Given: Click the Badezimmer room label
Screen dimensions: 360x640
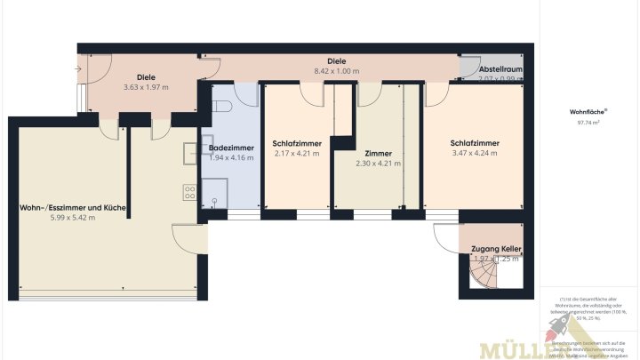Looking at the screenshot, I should [x=231, y=148].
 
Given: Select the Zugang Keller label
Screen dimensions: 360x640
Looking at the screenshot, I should [x=495, y=249].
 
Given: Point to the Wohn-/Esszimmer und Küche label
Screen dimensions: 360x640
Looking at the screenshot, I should [x=73, y=207].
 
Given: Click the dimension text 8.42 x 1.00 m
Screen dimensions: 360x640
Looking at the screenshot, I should [x=336, y=71].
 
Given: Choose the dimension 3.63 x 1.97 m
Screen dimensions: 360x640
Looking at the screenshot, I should [x=145, y=87].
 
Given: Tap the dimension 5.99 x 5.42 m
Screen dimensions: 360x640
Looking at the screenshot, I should [x=73, y=218].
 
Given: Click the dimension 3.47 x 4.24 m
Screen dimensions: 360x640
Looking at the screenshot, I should [x=474, y=153].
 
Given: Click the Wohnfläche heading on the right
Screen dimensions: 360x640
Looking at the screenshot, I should [x=588, y=112].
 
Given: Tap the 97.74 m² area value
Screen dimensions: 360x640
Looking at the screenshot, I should [x=588, y=123].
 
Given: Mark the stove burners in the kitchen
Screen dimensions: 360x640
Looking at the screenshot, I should [x=189, y=191].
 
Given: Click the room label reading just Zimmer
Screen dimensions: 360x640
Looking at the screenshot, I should [x=377, y=153].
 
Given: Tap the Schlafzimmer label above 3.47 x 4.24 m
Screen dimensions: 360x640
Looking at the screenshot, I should [x=474, y=142].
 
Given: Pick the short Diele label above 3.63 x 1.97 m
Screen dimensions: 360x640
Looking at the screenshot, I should [x=145, y=77].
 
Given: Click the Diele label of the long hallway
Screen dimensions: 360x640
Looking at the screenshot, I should [x=336, y=61].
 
